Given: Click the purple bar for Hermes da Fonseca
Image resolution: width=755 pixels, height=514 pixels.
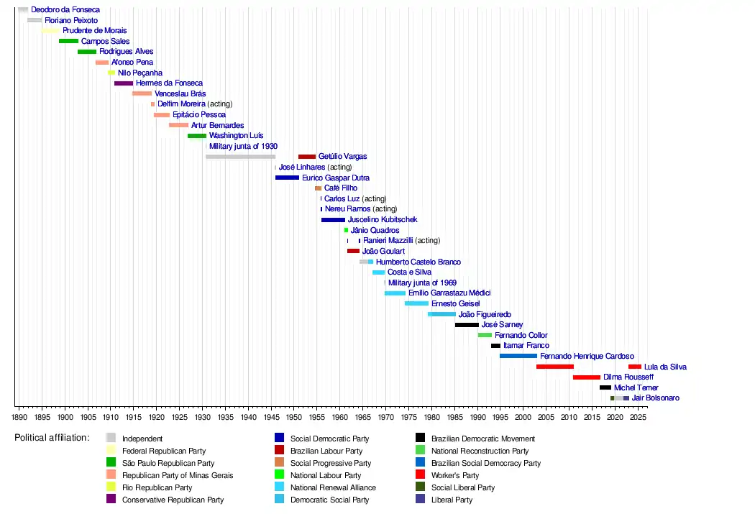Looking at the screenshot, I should [124, 83].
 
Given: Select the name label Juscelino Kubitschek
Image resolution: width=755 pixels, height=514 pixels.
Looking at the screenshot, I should [382, 220].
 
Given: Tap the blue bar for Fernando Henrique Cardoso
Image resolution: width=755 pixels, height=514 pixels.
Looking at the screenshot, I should [518, 356].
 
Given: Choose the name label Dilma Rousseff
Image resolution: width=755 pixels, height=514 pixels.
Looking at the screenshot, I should [628, 377].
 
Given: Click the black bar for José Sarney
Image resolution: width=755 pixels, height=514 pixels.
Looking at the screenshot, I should [467, 325].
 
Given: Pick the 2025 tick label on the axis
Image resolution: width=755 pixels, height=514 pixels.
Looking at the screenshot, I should [637, 416].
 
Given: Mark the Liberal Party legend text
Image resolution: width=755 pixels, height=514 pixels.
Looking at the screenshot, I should [452, 500].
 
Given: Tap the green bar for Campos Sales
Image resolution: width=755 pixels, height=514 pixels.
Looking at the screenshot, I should [69, 42].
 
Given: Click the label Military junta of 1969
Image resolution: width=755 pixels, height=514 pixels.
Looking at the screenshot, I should [422, 283].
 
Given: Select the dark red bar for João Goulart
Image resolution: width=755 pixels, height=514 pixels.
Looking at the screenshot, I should [353, 252].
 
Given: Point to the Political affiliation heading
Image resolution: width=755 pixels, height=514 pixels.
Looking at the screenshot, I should [52, 438].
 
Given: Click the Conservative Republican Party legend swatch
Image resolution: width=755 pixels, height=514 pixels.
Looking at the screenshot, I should [111, 500].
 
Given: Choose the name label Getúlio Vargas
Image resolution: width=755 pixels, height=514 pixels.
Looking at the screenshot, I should [342, 157].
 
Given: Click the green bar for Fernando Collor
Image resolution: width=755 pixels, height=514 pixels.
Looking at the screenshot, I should [485, 335].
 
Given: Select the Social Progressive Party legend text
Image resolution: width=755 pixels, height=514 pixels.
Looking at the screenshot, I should [331, 463].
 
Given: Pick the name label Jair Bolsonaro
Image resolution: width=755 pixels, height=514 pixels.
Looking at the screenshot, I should [655, 398].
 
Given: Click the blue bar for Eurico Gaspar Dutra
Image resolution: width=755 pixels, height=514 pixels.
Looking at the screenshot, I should [287, 178].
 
